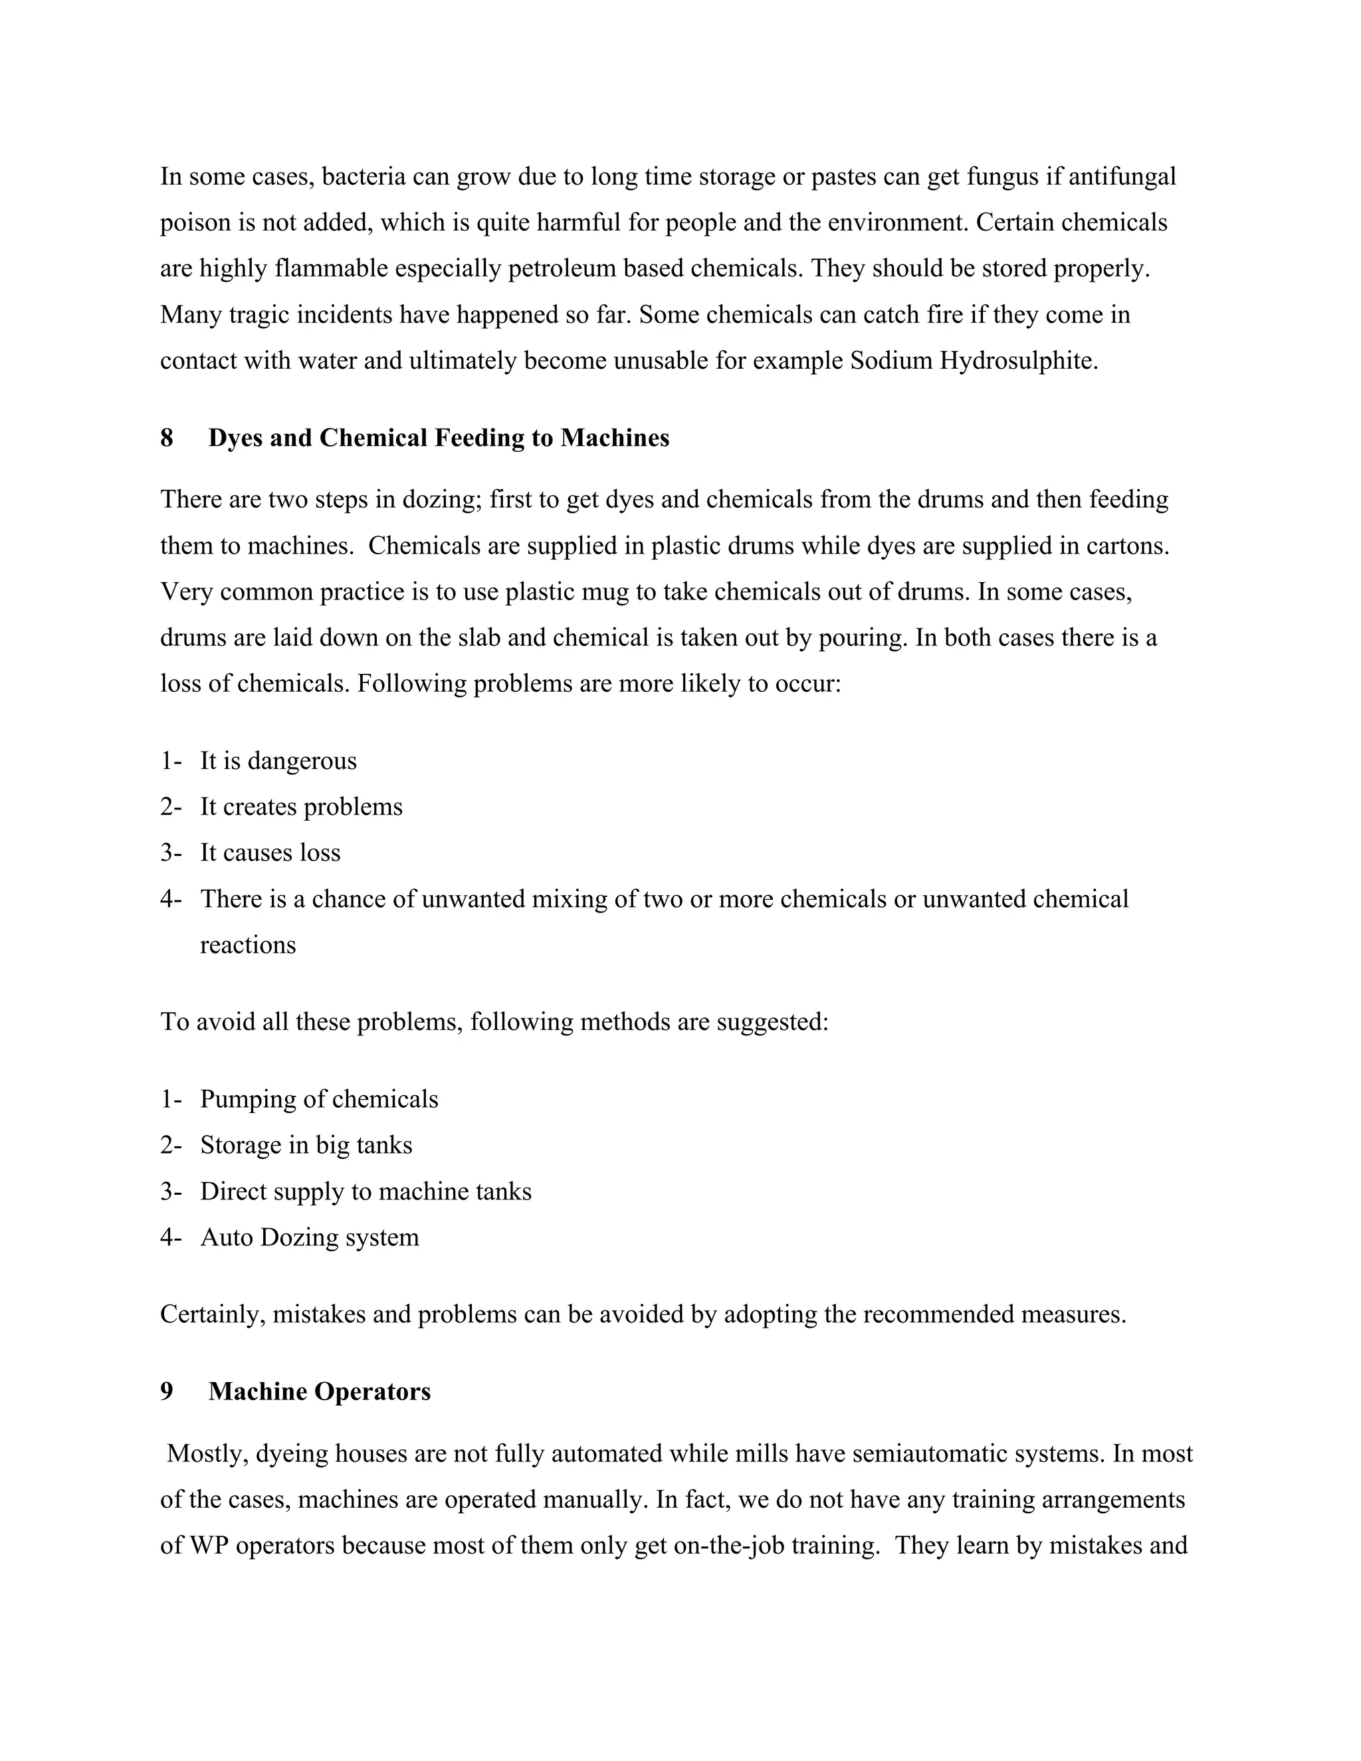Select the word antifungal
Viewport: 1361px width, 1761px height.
pos(1122,177)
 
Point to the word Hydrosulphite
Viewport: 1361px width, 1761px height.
pos(1018,360)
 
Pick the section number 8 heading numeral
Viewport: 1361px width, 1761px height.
pos(167,438)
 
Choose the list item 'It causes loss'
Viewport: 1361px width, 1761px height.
pos(270,853)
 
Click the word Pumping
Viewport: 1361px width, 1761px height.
pos(247,1099)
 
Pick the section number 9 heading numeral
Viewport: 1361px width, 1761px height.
pos(167,1392)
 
